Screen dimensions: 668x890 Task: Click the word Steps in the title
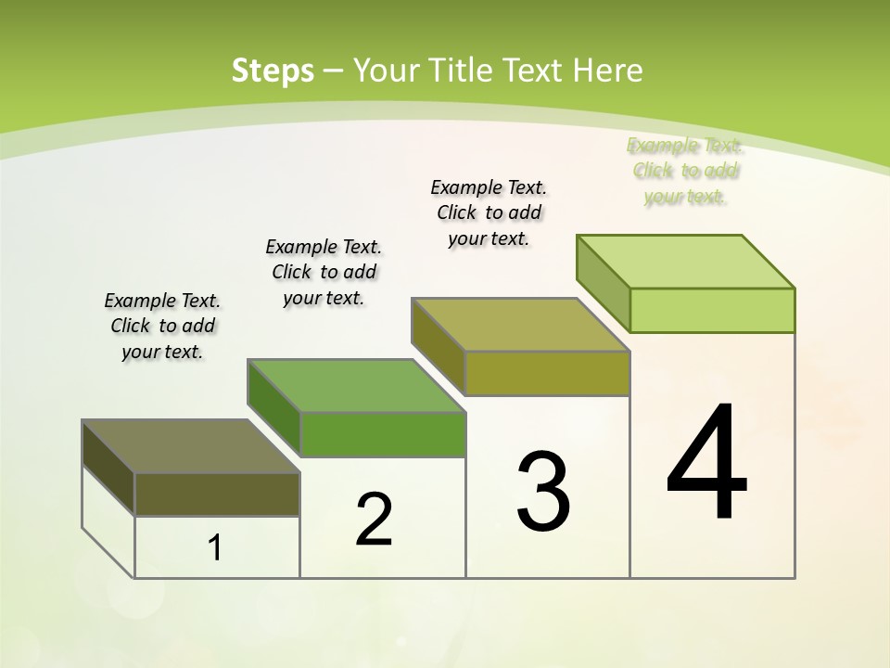[x=273, y=71]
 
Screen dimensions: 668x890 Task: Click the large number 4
[x=706, y=464]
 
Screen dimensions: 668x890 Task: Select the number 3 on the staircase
[x=543, y=492]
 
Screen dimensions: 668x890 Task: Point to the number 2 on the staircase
[x=374, y=520]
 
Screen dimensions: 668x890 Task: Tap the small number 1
[x=215, y=548]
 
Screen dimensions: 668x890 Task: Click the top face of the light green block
[x=686, y=261]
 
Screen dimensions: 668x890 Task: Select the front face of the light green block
[x=712, y=310]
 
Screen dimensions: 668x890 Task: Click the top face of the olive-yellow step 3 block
[x=521, y=325]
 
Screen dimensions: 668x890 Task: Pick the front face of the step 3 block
[x=547, y=373]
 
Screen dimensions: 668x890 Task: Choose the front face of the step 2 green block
[x=383, y=434]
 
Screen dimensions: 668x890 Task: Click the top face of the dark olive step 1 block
[x=191, y=446]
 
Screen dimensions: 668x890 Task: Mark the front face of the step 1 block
[x=217, y=494]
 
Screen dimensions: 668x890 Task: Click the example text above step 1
[x=162, y=326]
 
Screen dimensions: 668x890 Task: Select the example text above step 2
[x=324, y=272]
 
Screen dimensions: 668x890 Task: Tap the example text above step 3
[x=489, y=212]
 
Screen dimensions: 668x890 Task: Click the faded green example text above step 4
[x=685, y=171]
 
